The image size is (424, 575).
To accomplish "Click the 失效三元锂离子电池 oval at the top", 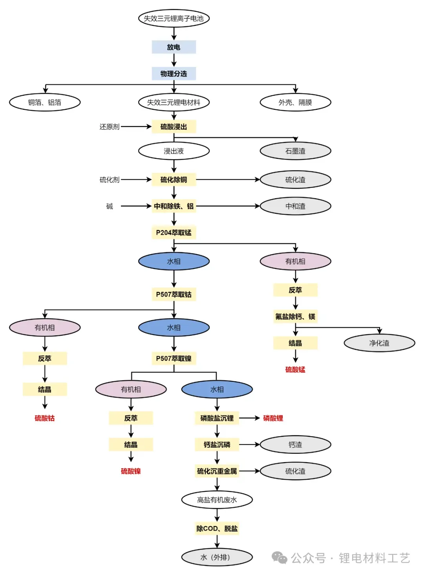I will (x=174, y=18).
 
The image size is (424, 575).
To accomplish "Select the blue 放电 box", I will (x=174, y=47).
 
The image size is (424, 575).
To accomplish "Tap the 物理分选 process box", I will (x=174, y=74).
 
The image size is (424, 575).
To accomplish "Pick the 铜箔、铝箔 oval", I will (x=45, y=102).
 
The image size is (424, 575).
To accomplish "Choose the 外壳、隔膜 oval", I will (x=295, y=102).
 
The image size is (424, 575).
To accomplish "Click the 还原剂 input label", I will (x=109, y=127).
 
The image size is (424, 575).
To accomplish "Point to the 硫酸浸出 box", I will (x=174, y=127).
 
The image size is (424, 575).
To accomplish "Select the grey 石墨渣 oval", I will (x=295, y=151).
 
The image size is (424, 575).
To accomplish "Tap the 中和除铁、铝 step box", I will (x=174, y=206).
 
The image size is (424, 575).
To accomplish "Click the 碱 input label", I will (x=110, y=206).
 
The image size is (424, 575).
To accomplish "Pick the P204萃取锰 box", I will (x=174, y=233).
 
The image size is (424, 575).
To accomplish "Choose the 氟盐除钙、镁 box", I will (x=295, y=317).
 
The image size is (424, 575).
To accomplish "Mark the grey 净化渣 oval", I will (x=379, y=343).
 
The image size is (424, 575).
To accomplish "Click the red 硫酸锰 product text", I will (x=295, y=369).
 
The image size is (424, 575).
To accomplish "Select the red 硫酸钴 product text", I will (x=45, y=418).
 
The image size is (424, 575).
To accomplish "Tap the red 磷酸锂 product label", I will (x=273, y=418).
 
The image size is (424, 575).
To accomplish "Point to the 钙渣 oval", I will (x=295, y=445).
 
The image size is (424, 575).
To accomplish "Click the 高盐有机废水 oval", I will (x=217, y=500).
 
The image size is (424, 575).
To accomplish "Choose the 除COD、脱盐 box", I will (x=217, y=529).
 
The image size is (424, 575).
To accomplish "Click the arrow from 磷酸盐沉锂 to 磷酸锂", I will (x=250, y=418).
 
